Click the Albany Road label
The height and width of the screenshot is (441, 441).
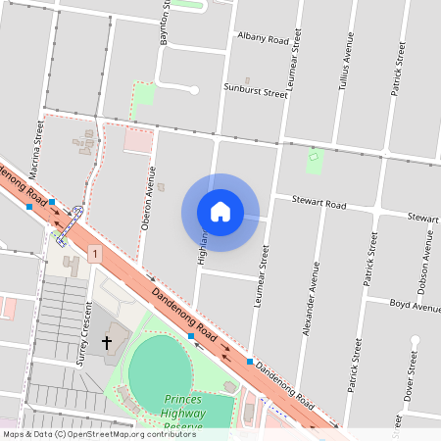tap(263, 38)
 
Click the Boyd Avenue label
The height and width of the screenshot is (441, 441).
tap(415, 306)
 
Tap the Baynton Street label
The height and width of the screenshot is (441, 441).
tap(165, 22)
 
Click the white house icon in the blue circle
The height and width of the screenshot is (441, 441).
tap(220, 212)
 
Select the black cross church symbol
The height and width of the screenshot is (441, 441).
tap(107, 343)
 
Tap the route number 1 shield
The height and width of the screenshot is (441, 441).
tap(94, 254)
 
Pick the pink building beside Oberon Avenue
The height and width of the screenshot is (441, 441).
tap(138, 141)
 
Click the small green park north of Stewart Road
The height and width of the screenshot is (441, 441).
tap(314, 160)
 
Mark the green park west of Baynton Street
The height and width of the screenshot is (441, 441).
tap(144, 96)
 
